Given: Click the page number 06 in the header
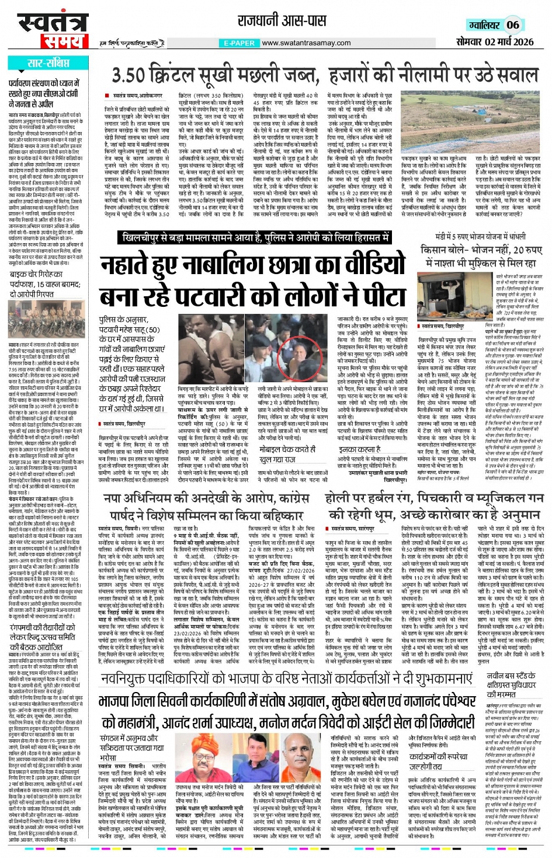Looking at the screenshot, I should pos(513,25).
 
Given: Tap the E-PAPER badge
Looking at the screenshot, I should pos(239,43).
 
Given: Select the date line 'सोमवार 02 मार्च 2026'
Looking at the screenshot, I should pos(495,42).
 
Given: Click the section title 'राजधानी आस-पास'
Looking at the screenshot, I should pos(282,22).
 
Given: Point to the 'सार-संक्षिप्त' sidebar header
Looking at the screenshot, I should pos(48,63).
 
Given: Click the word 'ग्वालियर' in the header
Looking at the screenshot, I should pos(484,25).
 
